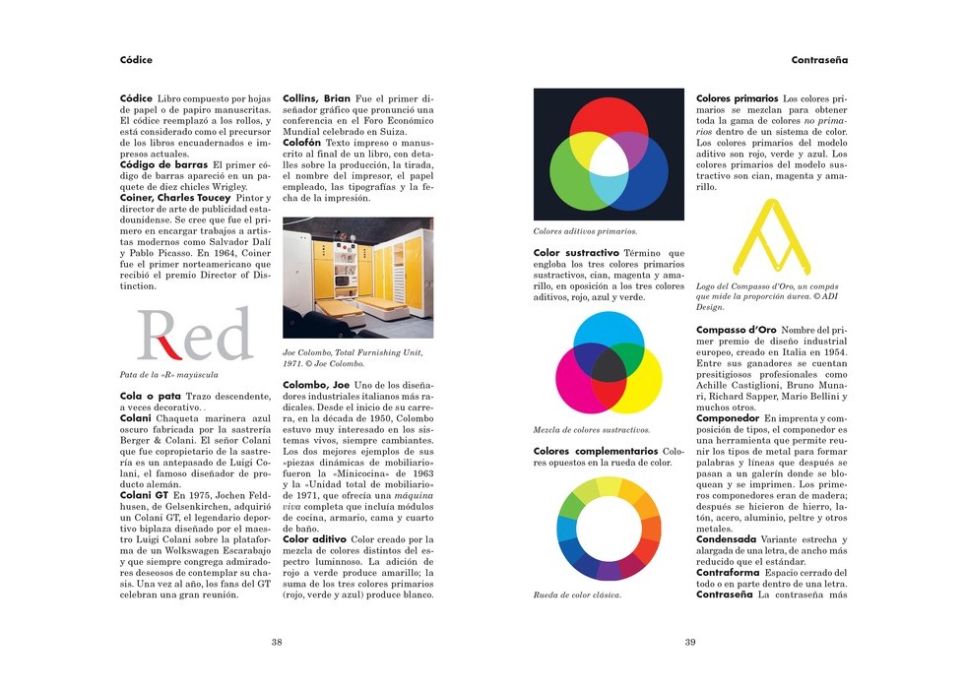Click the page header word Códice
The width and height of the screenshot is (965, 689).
(136, 60)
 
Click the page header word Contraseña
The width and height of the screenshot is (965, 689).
(819, 60)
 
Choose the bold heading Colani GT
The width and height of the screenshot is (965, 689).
(144, 495)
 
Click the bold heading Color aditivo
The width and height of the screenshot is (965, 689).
(314, 539)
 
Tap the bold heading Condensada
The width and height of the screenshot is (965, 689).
(726, 539)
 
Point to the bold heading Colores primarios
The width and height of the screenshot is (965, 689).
(737, 98)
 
